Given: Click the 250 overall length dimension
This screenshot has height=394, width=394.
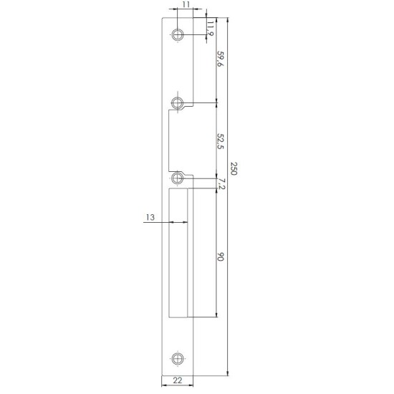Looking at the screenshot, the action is pyautogui.click(x=234, y=168).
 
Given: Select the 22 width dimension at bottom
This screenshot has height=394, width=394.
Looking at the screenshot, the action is pyautogui.click(x=178, y=380).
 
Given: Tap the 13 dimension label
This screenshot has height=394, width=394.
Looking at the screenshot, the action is pyautogui.click(x=150, y=217).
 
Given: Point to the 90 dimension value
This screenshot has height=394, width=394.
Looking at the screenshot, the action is pyautogui.click(x=220, y=256).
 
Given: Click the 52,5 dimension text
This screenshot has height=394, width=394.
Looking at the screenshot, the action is pyautogui.click(x=220, y=141).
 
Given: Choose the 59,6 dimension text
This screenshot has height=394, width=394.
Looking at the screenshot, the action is pyautogui.click(x=220, y=59).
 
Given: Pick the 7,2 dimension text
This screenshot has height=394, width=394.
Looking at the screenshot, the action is pyautogui.click(x=221, y=183).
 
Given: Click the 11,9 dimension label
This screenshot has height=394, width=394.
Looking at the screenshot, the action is pyautogui.click(x=211, y=29).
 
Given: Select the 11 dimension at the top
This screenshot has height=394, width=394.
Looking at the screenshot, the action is pyautogui.click(x=186, y=4).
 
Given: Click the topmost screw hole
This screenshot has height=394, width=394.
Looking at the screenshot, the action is pyautogui.click(x=178, y=34).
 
